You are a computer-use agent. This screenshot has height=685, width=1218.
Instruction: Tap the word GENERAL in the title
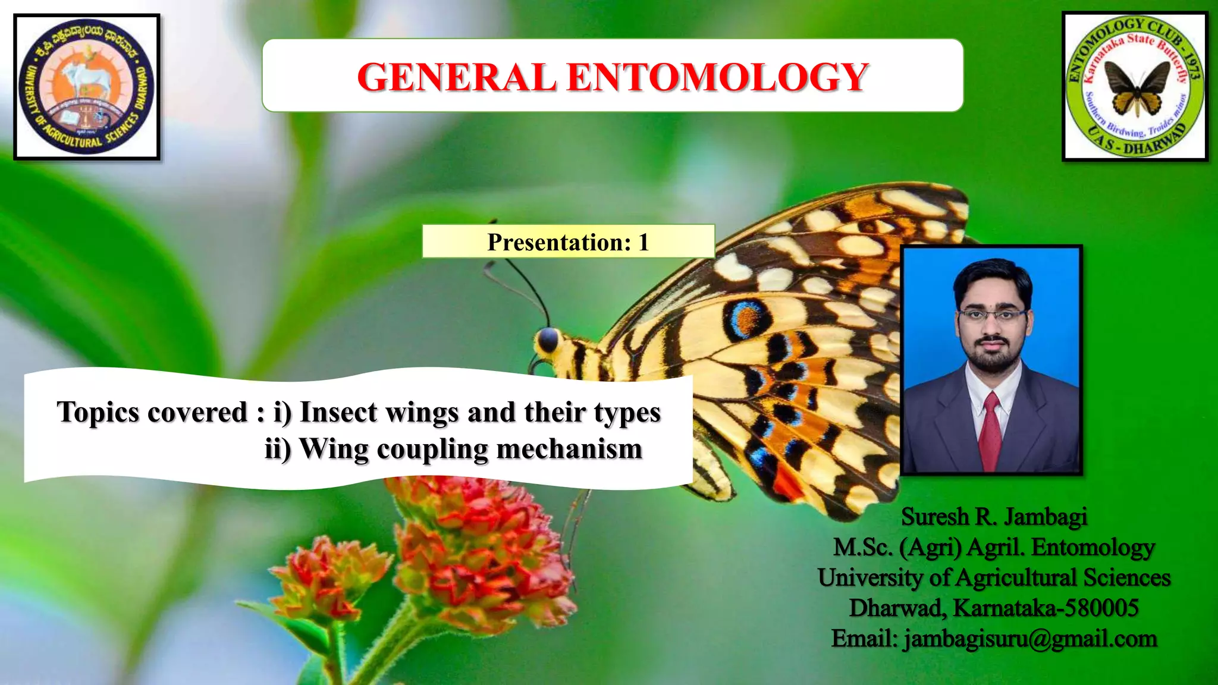(x=457, y=77)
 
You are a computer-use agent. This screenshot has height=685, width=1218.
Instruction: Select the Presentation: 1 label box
(x=568, y=241)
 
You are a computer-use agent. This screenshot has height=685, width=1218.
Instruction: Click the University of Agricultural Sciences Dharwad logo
(x=87, y=87)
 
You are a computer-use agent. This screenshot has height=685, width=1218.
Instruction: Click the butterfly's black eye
(x=548, y=340)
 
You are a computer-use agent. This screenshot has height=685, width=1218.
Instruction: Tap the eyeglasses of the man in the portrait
(x=992, y=315)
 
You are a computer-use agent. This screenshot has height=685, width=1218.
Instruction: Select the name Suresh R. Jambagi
(x=994, y=517)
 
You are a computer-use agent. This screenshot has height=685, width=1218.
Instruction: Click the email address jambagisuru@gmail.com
(x=1030, y=639)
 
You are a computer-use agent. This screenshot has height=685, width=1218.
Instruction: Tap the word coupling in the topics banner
(x=433, y=450)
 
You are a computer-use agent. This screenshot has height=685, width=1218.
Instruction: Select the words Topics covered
(x=152, y=412)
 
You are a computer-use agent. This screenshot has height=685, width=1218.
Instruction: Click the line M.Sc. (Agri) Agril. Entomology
(x=994, y=547)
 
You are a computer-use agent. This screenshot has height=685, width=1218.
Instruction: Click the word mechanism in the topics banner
(x=569, y=449)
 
